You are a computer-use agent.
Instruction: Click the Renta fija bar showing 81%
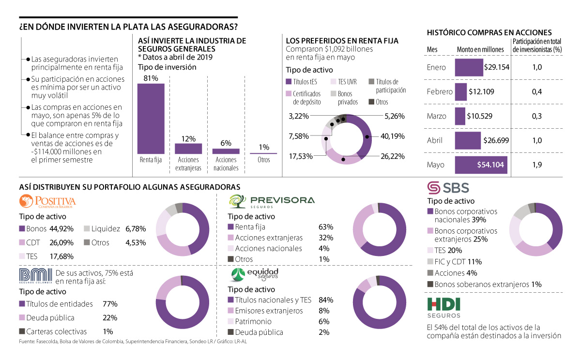point(151,119)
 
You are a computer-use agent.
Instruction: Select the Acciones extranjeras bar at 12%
point(188,149)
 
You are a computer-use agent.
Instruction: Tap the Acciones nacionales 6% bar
point(226,151)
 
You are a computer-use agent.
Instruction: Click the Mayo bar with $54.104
point(481,165)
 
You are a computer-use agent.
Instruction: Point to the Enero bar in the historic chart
point(469,67)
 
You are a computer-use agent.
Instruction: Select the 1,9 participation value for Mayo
point(536,165)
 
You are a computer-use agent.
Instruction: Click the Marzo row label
point(436,116)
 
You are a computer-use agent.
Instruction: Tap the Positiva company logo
point(47,201)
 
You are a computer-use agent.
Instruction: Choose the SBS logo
point(448,187)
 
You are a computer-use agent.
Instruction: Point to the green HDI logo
point(443,304)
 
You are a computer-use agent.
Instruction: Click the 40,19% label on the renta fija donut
point(392,136)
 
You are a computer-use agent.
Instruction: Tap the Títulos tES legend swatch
point(289,82)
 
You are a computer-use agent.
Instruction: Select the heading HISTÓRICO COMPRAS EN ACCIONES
point(489,33)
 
